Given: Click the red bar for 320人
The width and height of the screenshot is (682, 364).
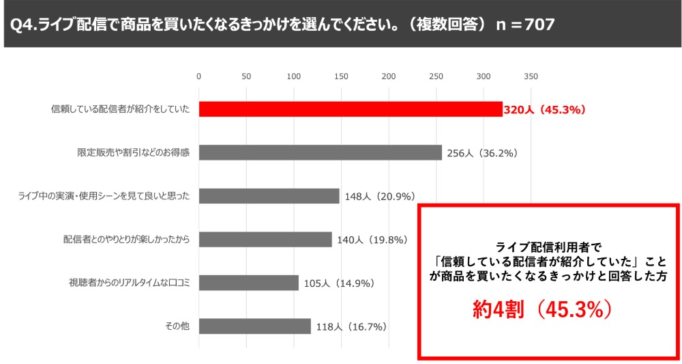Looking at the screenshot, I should pos(351,109).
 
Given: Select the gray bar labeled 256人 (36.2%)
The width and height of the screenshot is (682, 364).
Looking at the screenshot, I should pos(321,152).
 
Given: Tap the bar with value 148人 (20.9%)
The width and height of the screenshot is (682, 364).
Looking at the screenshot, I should pos(269,196).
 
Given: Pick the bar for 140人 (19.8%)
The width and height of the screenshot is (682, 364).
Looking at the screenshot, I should pos(265,239).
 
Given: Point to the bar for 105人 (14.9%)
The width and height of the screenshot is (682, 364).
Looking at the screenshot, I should pos(249,283).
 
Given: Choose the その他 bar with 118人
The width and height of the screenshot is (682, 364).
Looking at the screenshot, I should pos(255,326).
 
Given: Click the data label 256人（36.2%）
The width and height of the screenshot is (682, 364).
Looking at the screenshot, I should pos(482,153).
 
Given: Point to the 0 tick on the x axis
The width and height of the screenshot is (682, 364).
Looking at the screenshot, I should pos(198,76).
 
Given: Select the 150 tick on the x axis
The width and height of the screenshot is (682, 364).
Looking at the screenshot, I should pos(341,76).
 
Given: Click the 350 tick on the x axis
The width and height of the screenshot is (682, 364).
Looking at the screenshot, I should pos(531,76).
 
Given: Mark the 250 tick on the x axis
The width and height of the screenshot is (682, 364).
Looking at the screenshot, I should pos(436,76).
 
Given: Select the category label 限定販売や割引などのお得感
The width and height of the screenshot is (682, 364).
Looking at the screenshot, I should pos(133,153).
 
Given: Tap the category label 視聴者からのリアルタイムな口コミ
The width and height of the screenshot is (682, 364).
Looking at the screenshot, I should pos(129,283).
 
